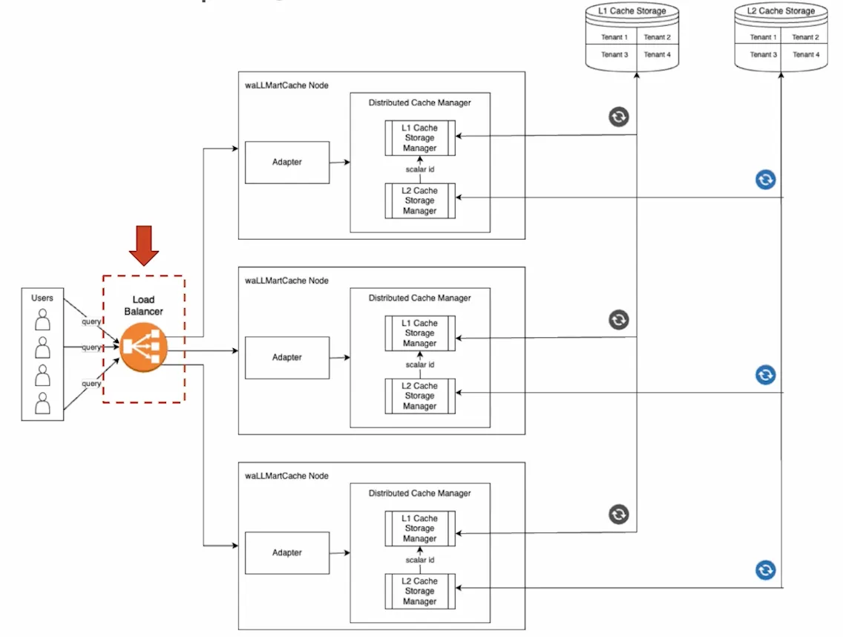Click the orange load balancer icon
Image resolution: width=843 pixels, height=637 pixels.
[x=144, y=347]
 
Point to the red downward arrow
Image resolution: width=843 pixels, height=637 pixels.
[x=143, y=246]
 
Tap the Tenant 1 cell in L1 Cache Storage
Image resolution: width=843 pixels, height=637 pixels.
[x=614, y=37]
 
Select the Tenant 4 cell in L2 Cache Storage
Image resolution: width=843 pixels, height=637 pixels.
[x=805, y=54]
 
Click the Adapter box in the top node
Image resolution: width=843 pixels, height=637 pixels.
[x=287, y=162]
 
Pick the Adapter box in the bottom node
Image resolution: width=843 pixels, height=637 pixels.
[x=287, y=552]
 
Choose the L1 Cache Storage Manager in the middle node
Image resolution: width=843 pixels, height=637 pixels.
[x=420, y=333]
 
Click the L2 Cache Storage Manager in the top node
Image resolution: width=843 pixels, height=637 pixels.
[x=420, y=200]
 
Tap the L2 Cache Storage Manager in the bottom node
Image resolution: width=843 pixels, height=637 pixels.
[x=420, y=591]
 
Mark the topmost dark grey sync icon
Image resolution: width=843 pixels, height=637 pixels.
[x=619, y=116]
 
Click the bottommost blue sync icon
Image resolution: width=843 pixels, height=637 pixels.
[x=766, y=570]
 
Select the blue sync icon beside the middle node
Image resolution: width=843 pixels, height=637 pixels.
[x=766, y=375]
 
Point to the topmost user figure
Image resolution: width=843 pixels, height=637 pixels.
[x=43, y=320]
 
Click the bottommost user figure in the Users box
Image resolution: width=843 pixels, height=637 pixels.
[x=43, y=403]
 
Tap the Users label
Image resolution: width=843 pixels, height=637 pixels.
[x=42, y=298]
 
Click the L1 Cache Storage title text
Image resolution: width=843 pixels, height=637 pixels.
[x=632, y=11]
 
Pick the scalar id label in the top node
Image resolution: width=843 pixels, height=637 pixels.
[x=420, y=169]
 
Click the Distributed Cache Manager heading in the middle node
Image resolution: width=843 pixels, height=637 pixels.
[x=419, y=298]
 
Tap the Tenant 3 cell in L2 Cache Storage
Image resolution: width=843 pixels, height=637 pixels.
[x=764, y=54]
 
